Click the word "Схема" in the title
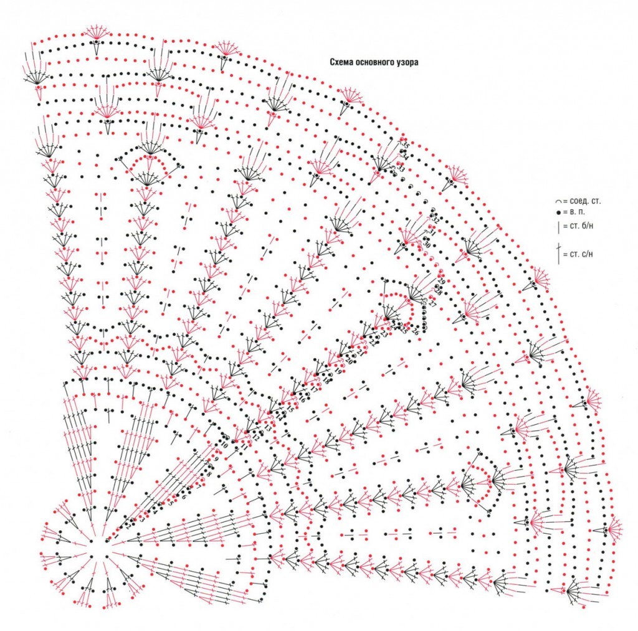341,62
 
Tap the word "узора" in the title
408,62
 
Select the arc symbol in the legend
559,202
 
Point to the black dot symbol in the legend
559,213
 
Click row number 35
406,145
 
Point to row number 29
440,282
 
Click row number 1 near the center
116,536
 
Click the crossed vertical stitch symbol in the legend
559,254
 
